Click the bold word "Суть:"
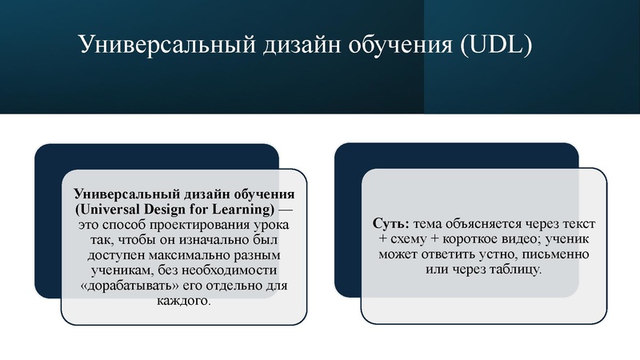tap(391, 224)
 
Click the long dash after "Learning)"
tap(286, 209)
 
